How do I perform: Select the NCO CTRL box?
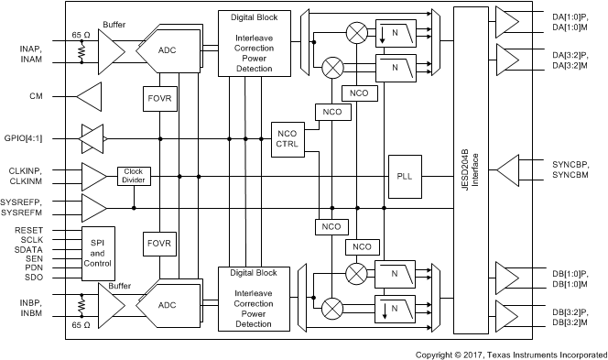pyautogui.click(x=287, y=139)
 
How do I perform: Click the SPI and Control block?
pyautogui.click(x=98, y=252)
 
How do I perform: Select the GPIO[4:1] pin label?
pyautogui.click(x=27, y=138)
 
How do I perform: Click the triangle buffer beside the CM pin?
pyautogui.click(x=90, y=94)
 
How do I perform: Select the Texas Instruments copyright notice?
pyautogui.click(x=510, y=354)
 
